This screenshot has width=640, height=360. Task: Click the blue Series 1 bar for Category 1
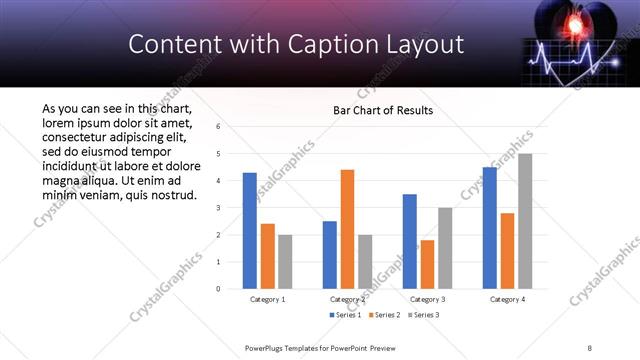coord(250,231)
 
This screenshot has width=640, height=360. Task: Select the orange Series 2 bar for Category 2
coord(347,229)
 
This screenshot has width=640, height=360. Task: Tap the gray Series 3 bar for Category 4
coord(525,221)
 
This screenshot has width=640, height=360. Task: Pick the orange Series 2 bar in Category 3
coord(428,264)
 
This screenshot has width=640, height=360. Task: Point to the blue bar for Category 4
coord(490,228)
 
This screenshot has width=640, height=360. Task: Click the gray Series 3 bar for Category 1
coord(285,262)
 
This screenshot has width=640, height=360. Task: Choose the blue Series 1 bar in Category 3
coord(410,241)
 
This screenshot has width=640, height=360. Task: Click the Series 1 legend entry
coord(346,315)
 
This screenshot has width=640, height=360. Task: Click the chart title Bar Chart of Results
coord(383,110)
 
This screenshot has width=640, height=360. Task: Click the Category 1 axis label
coord(267,299)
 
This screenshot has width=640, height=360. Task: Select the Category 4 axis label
coord(508,299)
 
